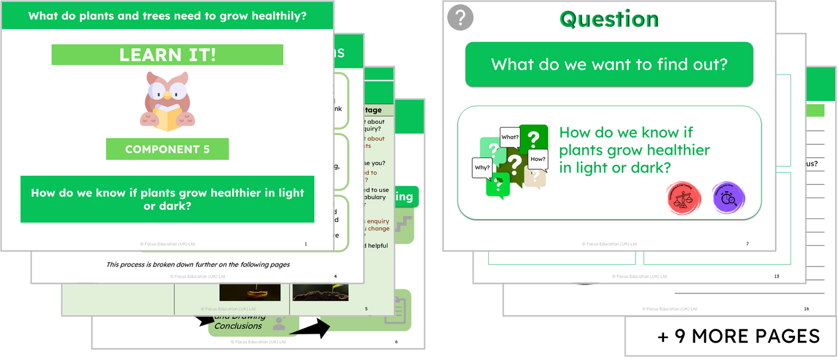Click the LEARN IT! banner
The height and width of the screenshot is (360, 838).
pos(167,55)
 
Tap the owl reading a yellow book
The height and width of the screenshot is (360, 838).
pos(167,99)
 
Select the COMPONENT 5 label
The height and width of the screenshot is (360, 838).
pos(167,150)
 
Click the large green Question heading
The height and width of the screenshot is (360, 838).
pos(609,19)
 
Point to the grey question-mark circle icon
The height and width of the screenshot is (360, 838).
pos(460,18)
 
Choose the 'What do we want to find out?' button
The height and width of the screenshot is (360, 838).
pos(609,64)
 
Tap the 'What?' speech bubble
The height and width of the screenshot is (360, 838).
pos(510,137)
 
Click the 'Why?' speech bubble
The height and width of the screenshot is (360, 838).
pos(483,168)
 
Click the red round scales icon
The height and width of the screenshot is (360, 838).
pos(684,198)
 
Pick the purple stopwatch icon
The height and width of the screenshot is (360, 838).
pos(728,198)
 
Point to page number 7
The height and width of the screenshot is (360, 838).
pos(748,244)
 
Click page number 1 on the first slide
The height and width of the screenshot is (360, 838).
pos(306,244)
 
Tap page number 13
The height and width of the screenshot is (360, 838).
pos(777,277)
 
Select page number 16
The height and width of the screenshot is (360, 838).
pos(806,309)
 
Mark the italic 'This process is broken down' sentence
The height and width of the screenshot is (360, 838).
pos(198,264)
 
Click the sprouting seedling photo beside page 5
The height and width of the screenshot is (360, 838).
pos(320,292)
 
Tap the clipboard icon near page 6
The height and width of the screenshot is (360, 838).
pos(394,310)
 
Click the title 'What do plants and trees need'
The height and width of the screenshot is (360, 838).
pos(167,16)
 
